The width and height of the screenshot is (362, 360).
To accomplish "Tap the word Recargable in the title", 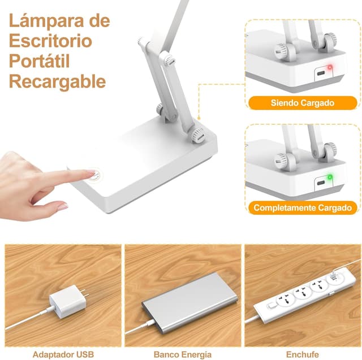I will click(57, 81).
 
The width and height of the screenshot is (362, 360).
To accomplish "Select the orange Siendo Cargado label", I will click(303, 103).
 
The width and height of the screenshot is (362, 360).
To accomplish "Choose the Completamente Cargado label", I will click(303, 207).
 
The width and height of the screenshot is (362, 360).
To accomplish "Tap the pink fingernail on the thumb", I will click(62, 207).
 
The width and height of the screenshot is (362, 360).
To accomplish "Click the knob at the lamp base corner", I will click(197, 136).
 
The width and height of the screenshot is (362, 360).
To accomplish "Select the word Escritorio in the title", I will click(50, 41).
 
